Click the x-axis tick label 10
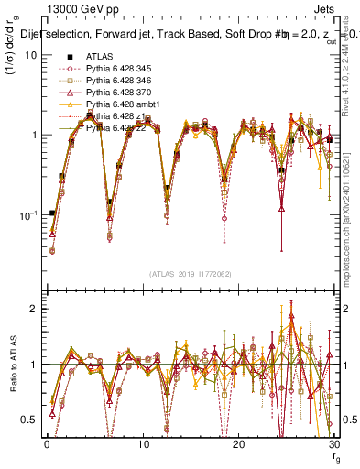click(x=143, y=443)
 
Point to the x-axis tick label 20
click(x=239, y=443)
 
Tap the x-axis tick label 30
click(x=334, y=443)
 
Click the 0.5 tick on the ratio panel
click(x=28, y=420)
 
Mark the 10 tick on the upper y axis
click(x=30, y=54)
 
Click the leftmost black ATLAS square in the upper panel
click(x=52, y=213)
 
